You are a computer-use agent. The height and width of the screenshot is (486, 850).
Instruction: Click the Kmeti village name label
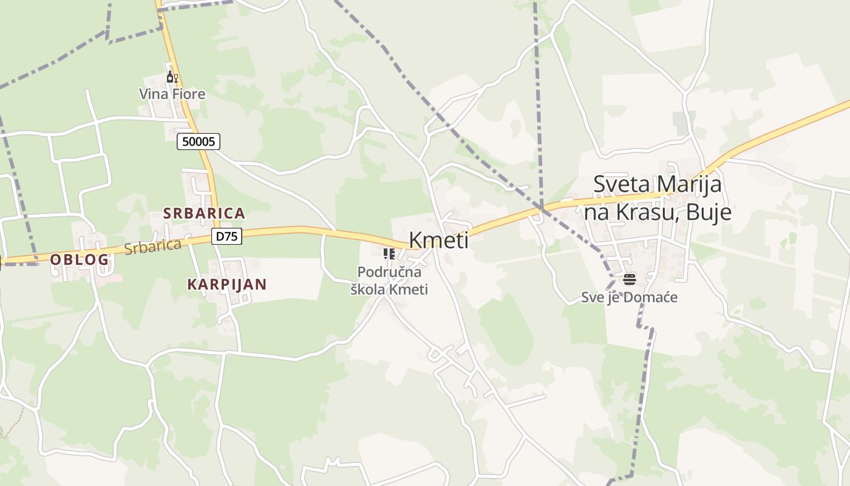(x=438, y=240)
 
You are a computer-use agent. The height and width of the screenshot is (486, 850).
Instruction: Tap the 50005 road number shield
(x=199, y=142)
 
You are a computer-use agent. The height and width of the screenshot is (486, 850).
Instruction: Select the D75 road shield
(x=226, y=236)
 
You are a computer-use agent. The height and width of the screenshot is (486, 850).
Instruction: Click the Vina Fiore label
(x=172, y=94)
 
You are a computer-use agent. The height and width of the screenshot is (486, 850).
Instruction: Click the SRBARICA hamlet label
(x=204, y=213)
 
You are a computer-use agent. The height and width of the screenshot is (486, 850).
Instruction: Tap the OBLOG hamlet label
(x=80, y=259)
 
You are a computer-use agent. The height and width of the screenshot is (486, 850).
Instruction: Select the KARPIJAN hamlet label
(x=227, y=284)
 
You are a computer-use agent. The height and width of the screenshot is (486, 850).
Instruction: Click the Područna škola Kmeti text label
(x=389, y=281)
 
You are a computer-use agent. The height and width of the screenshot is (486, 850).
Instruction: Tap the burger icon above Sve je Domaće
(x=629, y=279)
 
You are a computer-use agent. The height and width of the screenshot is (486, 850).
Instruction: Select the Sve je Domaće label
(x=629, y=298)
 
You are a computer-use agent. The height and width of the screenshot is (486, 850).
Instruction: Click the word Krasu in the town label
(x=654, y=213)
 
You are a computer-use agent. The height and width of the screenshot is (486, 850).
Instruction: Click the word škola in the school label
(x=367, y=289)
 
